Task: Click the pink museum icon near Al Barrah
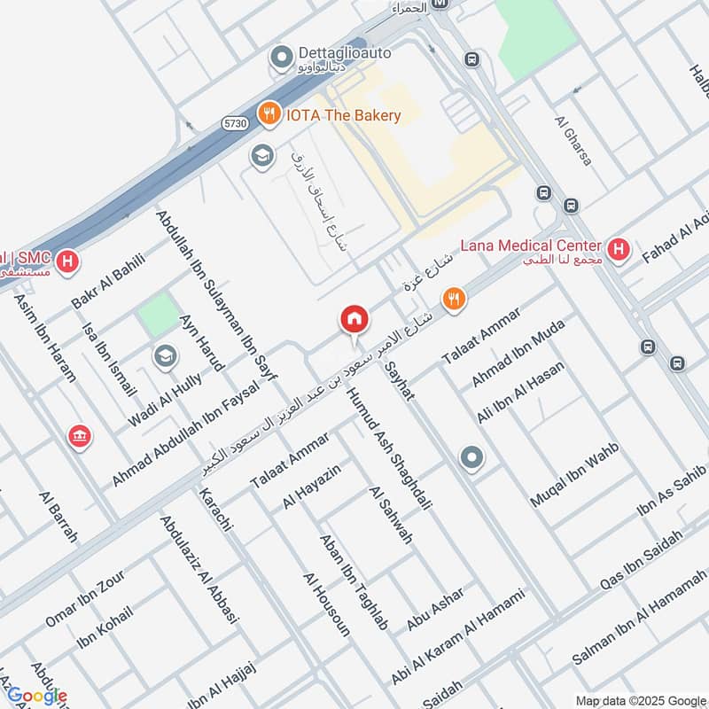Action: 80,437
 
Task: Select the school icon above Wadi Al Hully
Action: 164,357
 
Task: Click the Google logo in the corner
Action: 35,695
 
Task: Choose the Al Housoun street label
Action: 327,604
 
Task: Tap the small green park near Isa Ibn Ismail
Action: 158,315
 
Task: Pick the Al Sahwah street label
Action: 390,515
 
